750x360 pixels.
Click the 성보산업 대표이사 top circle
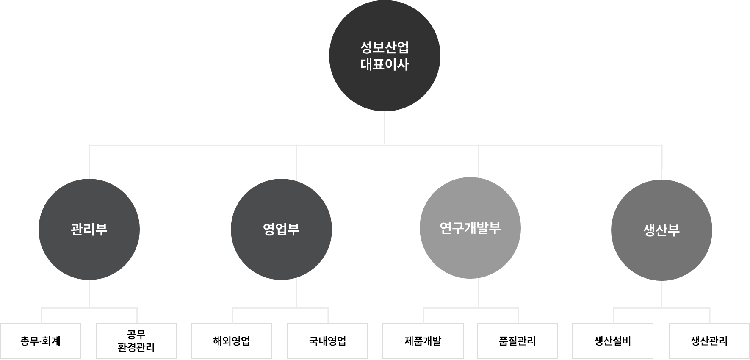tap(385, 56)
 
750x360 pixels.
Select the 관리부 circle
tap(89, 230)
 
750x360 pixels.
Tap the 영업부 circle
tap(281, 230)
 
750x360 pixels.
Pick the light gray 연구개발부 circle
tap(470, 228)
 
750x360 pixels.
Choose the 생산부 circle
tap(661, 230)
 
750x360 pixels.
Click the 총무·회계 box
tap(41, 341)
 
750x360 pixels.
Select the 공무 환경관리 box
tap(136, 341)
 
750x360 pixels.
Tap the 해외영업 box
tap(232, 341)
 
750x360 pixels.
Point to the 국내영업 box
tap(328, 341)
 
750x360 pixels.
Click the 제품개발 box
tap(423, 341)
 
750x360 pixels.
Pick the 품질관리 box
tap(518, 341)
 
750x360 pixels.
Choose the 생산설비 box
tap(613, 341)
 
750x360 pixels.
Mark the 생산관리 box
tap(709, 341)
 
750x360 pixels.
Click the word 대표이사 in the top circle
tap(385, 64)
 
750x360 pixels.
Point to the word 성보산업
tap(385, 47)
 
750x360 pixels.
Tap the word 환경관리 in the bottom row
tap(136, 348)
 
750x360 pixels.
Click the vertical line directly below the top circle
tap(385, 128)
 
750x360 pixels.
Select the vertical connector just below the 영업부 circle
tap(296, 294)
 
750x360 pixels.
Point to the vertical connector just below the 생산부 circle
tap(661, 294)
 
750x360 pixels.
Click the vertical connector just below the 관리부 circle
tap(89, 294)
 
